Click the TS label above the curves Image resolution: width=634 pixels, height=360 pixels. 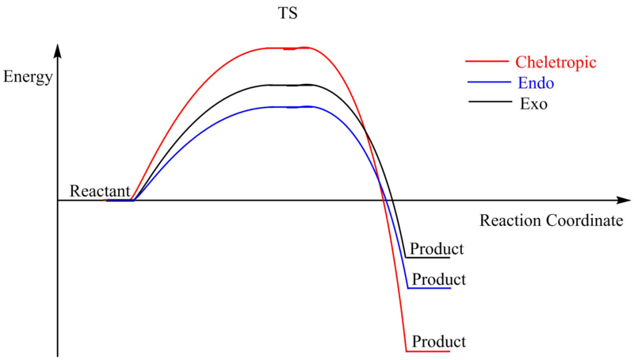(288, 15)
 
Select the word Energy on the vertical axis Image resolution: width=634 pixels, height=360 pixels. (29, 77)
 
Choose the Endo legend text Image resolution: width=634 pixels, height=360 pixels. (535, 82)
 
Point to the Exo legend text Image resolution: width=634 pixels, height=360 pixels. (534, 103)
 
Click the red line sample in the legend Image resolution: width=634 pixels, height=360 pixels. (487, 60)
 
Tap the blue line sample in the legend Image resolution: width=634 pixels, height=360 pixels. (487, 81)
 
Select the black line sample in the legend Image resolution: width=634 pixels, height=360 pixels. (487, 102)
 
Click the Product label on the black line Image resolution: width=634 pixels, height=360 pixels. (437, 249)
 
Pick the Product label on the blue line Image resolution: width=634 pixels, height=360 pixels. (439, 280)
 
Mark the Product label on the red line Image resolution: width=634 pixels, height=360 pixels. (439, 342)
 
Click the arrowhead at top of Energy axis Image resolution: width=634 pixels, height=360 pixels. (58, 50)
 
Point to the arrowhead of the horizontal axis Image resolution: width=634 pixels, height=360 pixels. (617, 201)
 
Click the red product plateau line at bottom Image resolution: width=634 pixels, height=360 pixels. (428, 351)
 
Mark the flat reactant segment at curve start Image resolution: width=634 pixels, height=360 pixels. (120, 201)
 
